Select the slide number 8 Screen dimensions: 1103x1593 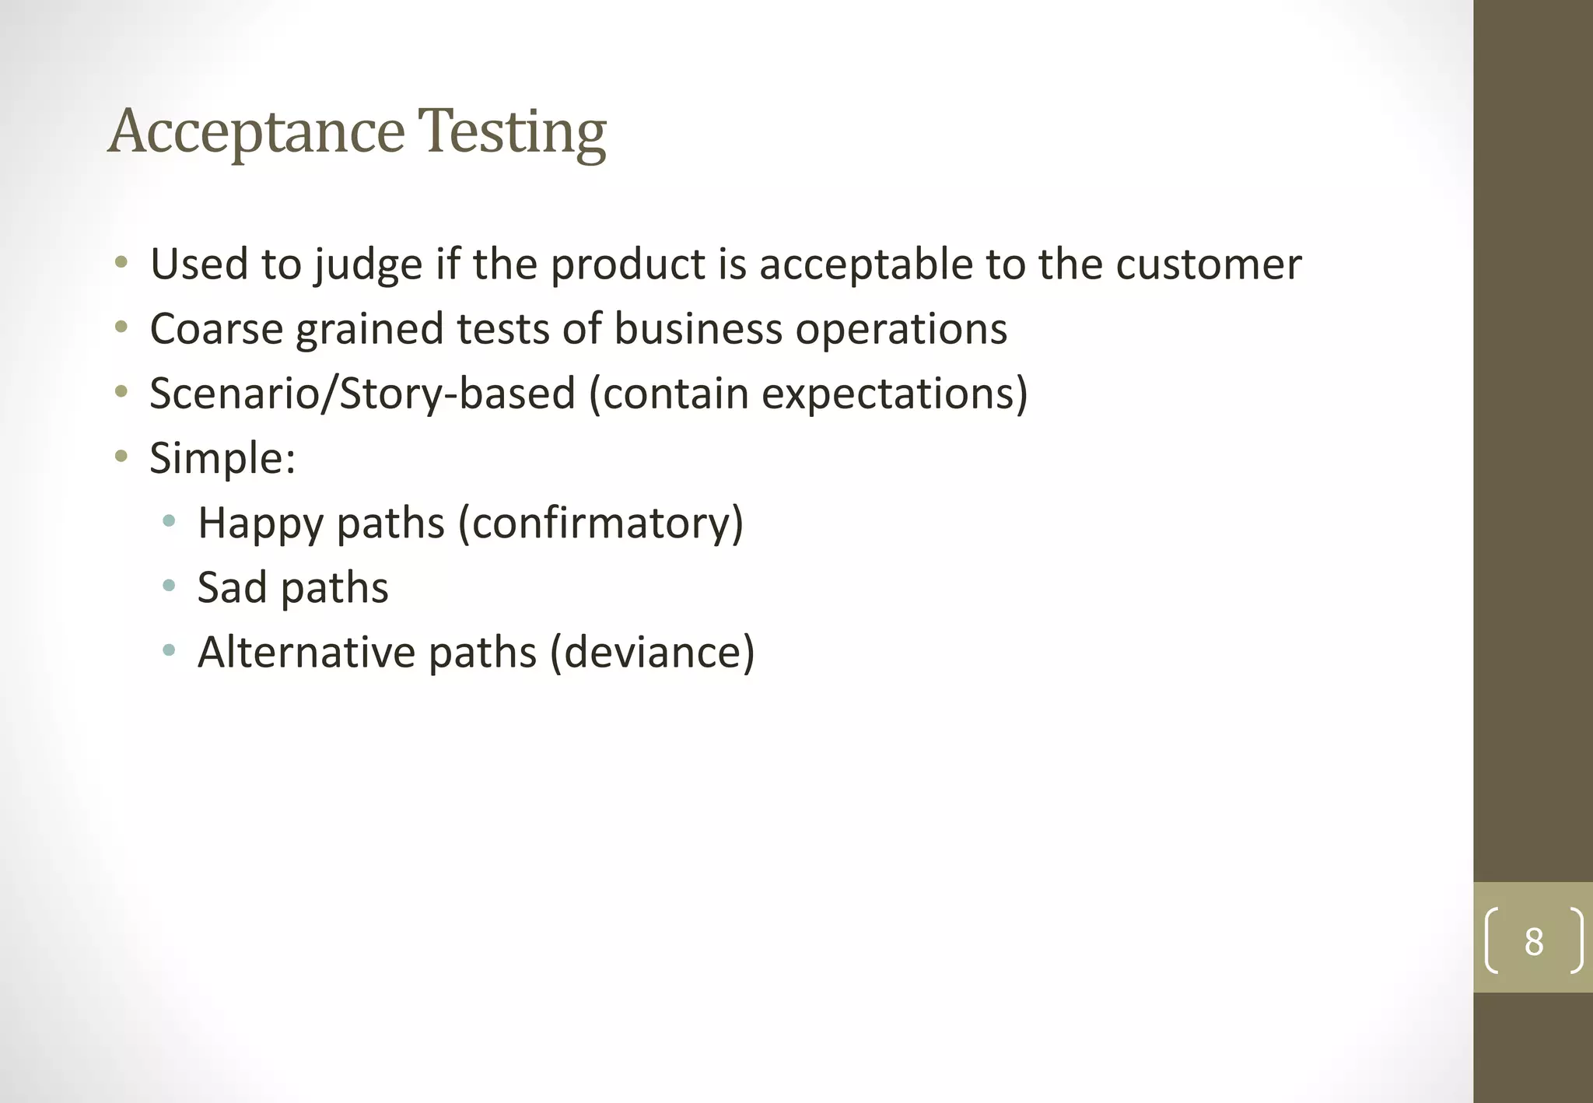tap(1533, 942)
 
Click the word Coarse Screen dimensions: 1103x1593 tap(216, 329)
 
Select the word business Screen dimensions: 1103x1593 tap(698, 329)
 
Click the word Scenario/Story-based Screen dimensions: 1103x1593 tap(362, 394)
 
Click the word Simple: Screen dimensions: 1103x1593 tap(222, 458)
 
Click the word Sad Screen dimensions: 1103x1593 tap(232, 587)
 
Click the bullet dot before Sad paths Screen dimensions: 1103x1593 tap(169, 586)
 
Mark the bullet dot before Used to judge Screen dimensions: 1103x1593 tap(121, 262)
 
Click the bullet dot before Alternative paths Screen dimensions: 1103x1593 tap(169, 650)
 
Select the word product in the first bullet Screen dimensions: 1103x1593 tap(628, 265)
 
